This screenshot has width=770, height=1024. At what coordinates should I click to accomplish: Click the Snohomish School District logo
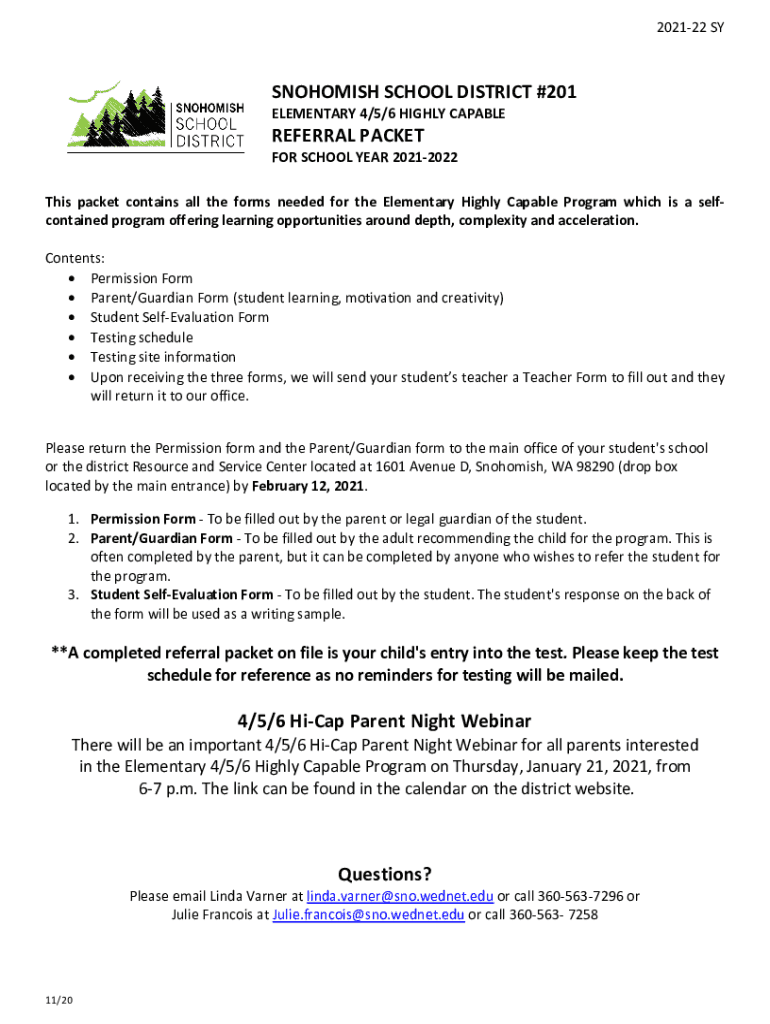pyautogui.click(x=155, y=116)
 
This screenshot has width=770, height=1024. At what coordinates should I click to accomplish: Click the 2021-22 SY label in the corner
pyautogui.click(x=697, y=28)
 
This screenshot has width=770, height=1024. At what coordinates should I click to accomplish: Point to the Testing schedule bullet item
pyautogui.click(x=141, y=337)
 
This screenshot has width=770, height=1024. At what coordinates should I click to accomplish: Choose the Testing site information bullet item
pyautogui.click(x=163, y=357)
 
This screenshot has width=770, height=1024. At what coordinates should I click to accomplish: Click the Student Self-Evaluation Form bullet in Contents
pyautogui.click(x=179, y=317)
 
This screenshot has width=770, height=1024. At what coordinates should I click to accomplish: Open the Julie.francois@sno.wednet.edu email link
pyautogui.click(x=368, y=914)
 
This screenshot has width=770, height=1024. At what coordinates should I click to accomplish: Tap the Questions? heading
pyautogui.click(x=385, y=874)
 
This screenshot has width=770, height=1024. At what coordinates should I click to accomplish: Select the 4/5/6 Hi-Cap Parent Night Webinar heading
pyautogui.click(x=385, y=721)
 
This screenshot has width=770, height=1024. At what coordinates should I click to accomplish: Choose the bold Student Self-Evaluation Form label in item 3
pyautogui.click(x=181, y=595)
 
